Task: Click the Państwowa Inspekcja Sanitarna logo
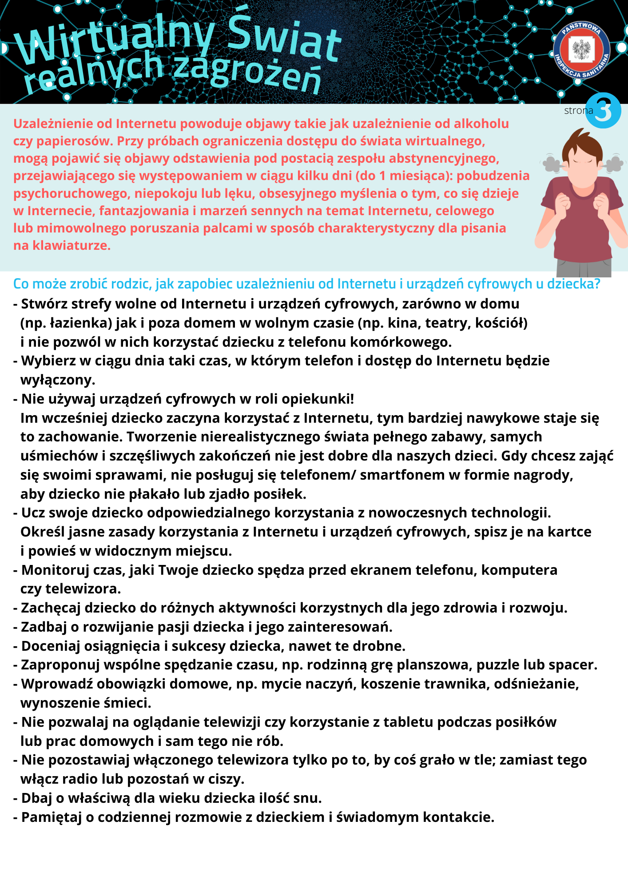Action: pyautogui.click(x=581, y=50)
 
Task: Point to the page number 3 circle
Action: pyautogui.click(x=603, y=111)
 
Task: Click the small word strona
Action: pyautogui.click(x=578, y=111)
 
